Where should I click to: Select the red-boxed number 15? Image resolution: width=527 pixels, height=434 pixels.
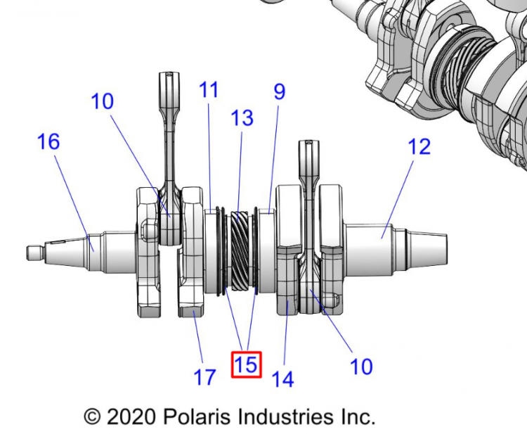click(247, 364)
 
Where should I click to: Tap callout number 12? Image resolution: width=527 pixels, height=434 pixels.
click(419, 147)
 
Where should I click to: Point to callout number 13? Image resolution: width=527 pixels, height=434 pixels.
click(242, 117)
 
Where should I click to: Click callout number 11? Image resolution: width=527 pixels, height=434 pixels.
click(209, 90)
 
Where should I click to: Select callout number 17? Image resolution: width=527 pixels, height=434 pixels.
click(204, 378)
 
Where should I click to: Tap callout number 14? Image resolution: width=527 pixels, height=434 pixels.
click(282, 380)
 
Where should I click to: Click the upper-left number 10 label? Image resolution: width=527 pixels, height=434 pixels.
click(102, 101)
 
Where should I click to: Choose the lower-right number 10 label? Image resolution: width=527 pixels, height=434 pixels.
click(361, 366)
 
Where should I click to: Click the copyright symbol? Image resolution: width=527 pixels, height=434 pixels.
click(93, 416)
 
